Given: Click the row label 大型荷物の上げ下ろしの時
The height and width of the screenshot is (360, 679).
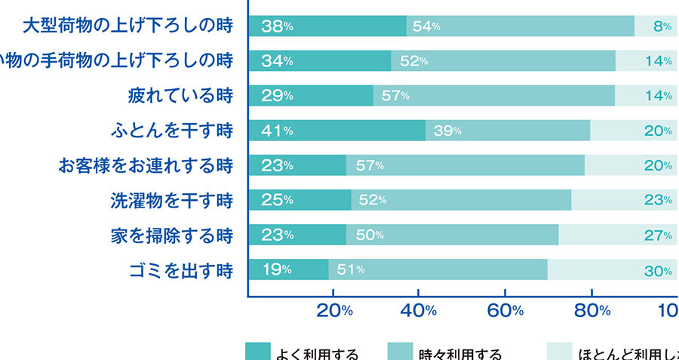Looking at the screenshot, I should click(x=127, y=26).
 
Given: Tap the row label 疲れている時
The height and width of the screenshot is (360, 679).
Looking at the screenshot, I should click(x=180, y=96).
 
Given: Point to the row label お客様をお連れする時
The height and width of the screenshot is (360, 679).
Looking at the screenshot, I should click(x=146, y=165).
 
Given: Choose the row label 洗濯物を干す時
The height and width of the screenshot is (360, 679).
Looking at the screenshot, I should click(x=171, y=201).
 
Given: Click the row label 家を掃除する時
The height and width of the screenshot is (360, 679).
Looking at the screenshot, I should click(x=171, y=235).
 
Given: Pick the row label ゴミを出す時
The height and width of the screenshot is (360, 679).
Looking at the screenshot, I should click(x=180, y=270).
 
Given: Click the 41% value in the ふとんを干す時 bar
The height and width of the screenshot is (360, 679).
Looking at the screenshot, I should click(x=277, y=131).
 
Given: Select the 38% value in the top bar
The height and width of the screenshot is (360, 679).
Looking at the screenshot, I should click(x=277, y=26).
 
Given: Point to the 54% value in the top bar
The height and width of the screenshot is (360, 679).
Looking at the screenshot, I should click(x=426, y=26).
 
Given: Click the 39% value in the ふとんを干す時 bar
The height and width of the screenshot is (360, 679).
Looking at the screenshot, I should click(x=447, y=131).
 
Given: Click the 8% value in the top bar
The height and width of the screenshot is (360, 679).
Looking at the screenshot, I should click(x=662, y=26).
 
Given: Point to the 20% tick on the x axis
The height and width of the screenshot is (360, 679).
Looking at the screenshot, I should click(x=335, y=309).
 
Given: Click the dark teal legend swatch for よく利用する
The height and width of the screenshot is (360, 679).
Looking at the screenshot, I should click(x=257, y=352).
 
